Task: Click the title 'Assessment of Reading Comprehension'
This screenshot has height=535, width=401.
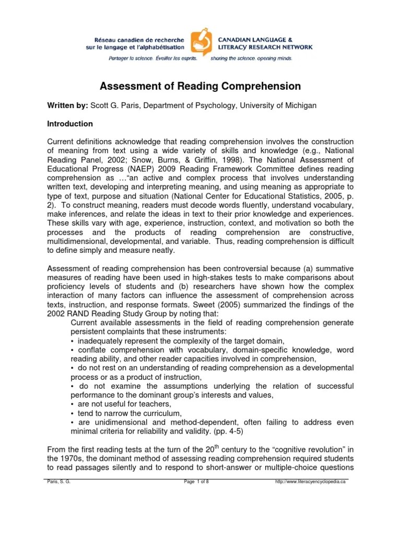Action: click(200, 86)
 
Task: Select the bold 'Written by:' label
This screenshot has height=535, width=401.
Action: click(67, 106)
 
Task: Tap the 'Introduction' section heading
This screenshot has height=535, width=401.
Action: click(70, 124)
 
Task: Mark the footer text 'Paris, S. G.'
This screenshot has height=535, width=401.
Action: click(58, 482)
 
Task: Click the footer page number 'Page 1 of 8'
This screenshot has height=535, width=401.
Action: click(196, 482)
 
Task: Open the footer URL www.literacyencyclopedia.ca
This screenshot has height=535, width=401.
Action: click(310, 482)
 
